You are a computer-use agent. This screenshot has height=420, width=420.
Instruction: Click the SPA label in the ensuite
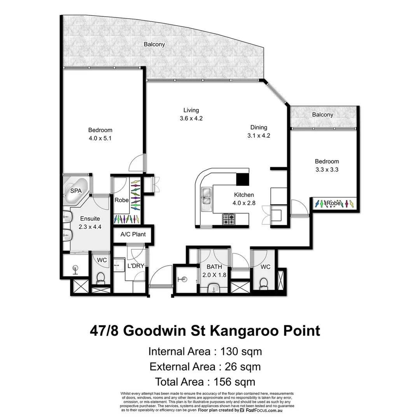click(75, 191)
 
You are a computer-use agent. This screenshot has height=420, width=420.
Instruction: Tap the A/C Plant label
click(133, 234)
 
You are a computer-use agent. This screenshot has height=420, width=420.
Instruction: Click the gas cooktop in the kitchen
click(228, 220)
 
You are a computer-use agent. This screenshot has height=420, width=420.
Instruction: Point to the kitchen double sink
click(206, 196)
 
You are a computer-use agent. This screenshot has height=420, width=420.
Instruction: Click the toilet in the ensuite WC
click(100, 278)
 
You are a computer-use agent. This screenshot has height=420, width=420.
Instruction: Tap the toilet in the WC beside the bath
click(263, 283)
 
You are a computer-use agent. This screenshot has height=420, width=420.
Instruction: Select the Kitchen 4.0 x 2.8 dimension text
click(244, 202)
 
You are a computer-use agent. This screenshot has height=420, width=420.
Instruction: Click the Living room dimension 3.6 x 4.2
click(191, 119)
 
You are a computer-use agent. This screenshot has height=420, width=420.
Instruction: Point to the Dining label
click(259, 127)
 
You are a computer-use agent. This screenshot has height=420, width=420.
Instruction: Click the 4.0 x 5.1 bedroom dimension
click(100, 138)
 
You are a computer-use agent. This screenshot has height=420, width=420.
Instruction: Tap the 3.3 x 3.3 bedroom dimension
click(327, 169)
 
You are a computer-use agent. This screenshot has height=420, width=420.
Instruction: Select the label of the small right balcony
click(322, 115)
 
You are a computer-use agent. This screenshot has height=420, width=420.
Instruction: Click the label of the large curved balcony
click(154, 44)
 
